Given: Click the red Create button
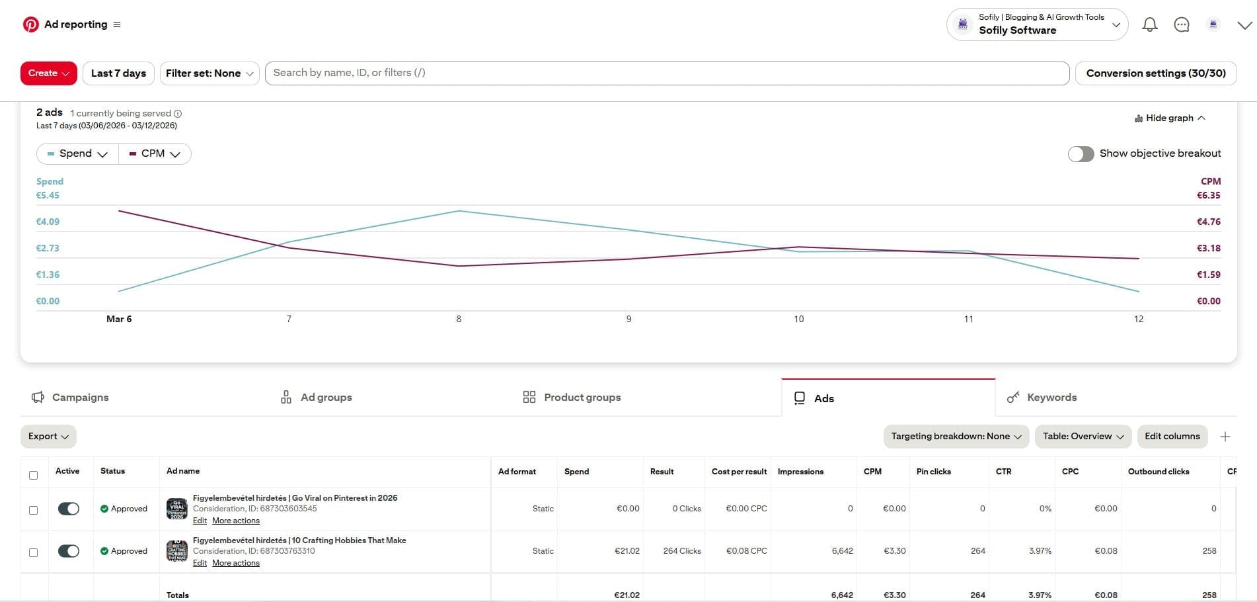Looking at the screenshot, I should point(48,73).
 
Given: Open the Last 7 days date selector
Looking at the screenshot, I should point(118,73).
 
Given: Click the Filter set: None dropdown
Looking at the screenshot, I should point(209,73).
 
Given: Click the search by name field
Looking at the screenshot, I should point(666,73).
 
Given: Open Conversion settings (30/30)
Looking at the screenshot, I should point(1155,73).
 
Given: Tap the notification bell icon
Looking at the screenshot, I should point(1149,25).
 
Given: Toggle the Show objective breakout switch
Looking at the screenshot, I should point(1081,153).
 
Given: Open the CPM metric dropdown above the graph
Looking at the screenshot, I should point(155,153).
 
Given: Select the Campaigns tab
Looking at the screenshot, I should point(71,397).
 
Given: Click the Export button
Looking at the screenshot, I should point(48,437).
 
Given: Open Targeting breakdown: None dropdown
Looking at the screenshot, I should point(956,437).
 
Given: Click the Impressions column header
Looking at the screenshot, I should point(800,472).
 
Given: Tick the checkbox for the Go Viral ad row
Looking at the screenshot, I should point(34,510).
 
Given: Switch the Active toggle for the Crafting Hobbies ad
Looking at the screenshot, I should point(69,551).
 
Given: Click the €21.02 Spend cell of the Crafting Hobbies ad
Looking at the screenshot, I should point(627,551).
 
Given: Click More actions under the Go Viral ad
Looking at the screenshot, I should point(236,521).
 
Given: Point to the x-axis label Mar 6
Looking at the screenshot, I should point(119,319).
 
